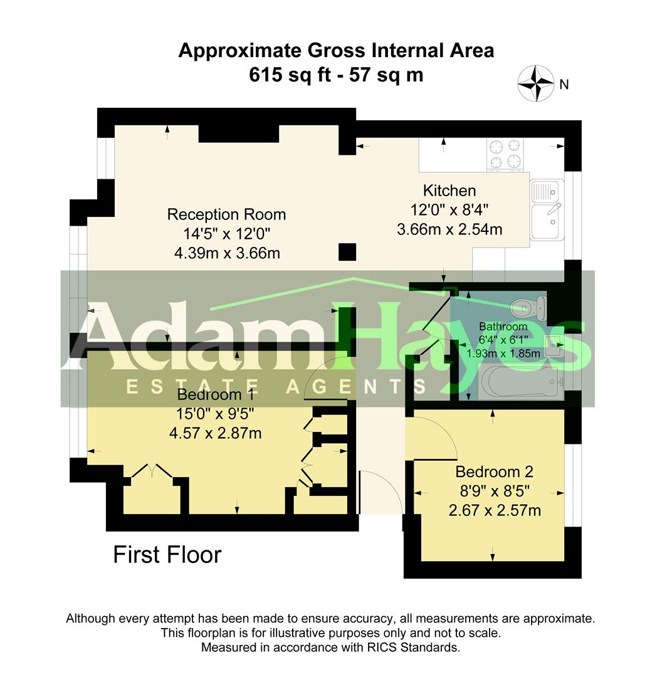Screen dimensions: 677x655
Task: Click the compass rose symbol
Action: (x=536, y=84)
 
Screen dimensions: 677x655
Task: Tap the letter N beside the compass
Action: (x=563, y=84)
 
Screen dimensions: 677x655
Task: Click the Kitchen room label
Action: (x=449, y=191)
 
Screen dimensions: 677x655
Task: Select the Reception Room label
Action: (x=226, y=214)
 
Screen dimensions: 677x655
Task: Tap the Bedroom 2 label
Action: (x=494, y=471)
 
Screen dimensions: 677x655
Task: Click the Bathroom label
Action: (x=503, y=327)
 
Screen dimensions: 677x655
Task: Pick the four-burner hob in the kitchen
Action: (x=506, y=154)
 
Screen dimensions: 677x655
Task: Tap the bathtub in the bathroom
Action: (x=517, y=382)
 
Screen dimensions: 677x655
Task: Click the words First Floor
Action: (x=167, y=555)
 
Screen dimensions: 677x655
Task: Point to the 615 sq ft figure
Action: (x=286, y=75)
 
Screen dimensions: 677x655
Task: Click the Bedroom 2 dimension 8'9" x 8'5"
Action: (x=494, y=491)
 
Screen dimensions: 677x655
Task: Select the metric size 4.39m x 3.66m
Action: (x=226, y=254)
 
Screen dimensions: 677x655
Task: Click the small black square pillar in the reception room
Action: (x=347, y=251)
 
